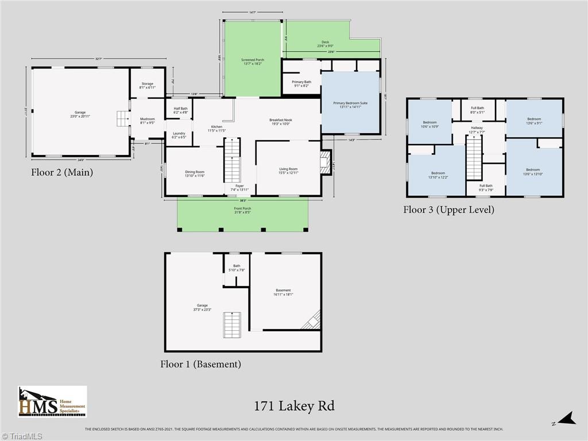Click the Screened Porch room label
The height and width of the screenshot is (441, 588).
[253, 61]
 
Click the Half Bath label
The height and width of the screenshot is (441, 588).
[180, 110]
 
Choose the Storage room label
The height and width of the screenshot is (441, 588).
[148, 86]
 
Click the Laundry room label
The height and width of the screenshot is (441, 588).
[179, 135]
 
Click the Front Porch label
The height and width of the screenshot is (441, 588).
[242, 210]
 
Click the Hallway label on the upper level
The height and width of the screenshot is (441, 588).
[476, 129]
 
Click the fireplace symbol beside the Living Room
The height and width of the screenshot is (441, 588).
[326, 163]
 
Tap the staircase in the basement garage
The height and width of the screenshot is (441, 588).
[231, 325]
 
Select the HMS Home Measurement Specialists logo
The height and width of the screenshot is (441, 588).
[52, 401]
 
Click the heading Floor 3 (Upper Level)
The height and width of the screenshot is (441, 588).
[448, 210]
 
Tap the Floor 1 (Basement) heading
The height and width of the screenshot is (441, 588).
[200, 364]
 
